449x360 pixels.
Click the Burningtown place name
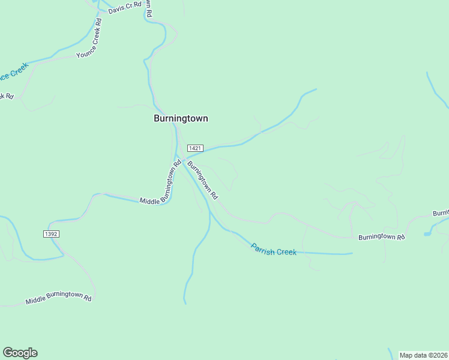point(181,118)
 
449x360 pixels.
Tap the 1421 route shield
point(195,148)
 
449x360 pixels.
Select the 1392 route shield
point(51,233)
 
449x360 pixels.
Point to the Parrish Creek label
point(274,249)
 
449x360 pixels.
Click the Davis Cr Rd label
point(124,7)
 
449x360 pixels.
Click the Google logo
point(20,353)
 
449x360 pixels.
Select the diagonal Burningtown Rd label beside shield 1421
point(202,180)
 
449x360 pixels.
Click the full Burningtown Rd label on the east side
point(382,237)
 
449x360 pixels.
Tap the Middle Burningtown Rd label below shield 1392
point(58,298)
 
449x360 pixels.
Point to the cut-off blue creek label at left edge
point(13,75)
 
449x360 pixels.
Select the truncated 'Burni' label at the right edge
point(441,213)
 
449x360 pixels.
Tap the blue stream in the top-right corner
point(437,90)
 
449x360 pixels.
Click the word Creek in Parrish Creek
point(285,251)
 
